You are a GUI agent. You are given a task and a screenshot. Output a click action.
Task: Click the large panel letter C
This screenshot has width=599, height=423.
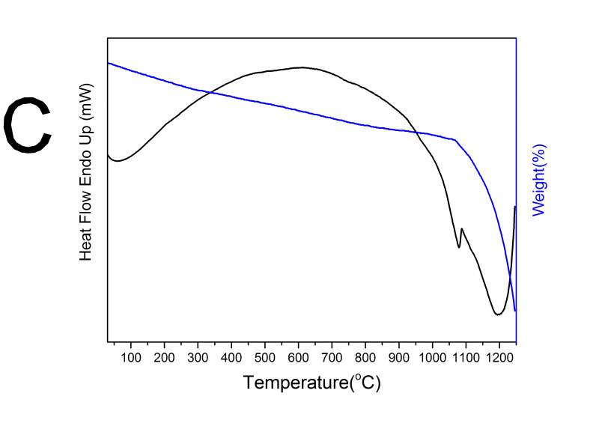pos(28,127)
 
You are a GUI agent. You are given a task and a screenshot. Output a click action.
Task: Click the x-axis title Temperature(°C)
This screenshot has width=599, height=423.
pos(311,383)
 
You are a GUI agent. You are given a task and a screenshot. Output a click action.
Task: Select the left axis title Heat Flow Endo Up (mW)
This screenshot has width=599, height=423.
pos(85,182)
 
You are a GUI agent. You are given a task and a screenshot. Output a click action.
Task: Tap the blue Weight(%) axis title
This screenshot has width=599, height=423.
pos(538,180)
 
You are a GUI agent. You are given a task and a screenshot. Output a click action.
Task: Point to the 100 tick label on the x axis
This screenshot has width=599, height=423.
pos(131,355)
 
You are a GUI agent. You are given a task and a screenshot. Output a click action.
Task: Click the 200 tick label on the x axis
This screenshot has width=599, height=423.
pos(165,355)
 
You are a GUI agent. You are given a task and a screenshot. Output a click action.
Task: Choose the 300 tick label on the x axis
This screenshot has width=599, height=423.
pos(198,355)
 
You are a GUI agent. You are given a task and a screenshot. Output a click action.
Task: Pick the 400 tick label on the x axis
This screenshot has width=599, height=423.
pos(231,355)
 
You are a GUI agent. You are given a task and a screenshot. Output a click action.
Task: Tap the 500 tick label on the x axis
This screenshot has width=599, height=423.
pos(265,355)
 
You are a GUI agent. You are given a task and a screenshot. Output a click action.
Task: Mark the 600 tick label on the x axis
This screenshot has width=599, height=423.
pos(299,355)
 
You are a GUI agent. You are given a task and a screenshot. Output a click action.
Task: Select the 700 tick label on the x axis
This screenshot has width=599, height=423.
pos(332,355)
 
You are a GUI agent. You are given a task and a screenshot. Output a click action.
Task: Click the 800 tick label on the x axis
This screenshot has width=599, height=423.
pos(365,355)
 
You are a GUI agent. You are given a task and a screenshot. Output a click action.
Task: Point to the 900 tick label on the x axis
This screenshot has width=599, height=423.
pos(399,355)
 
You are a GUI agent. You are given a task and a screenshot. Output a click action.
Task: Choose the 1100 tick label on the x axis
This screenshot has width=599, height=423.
pos(466,355)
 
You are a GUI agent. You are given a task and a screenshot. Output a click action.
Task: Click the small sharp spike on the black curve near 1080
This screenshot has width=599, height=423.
pos(461,229)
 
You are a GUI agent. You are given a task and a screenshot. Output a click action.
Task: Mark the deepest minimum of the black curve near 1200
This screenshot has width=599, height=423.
pos(497,314)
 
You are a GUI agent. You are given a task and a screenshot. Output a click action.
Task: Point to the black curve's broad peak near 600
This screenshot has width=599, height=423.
pos(301,67)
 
